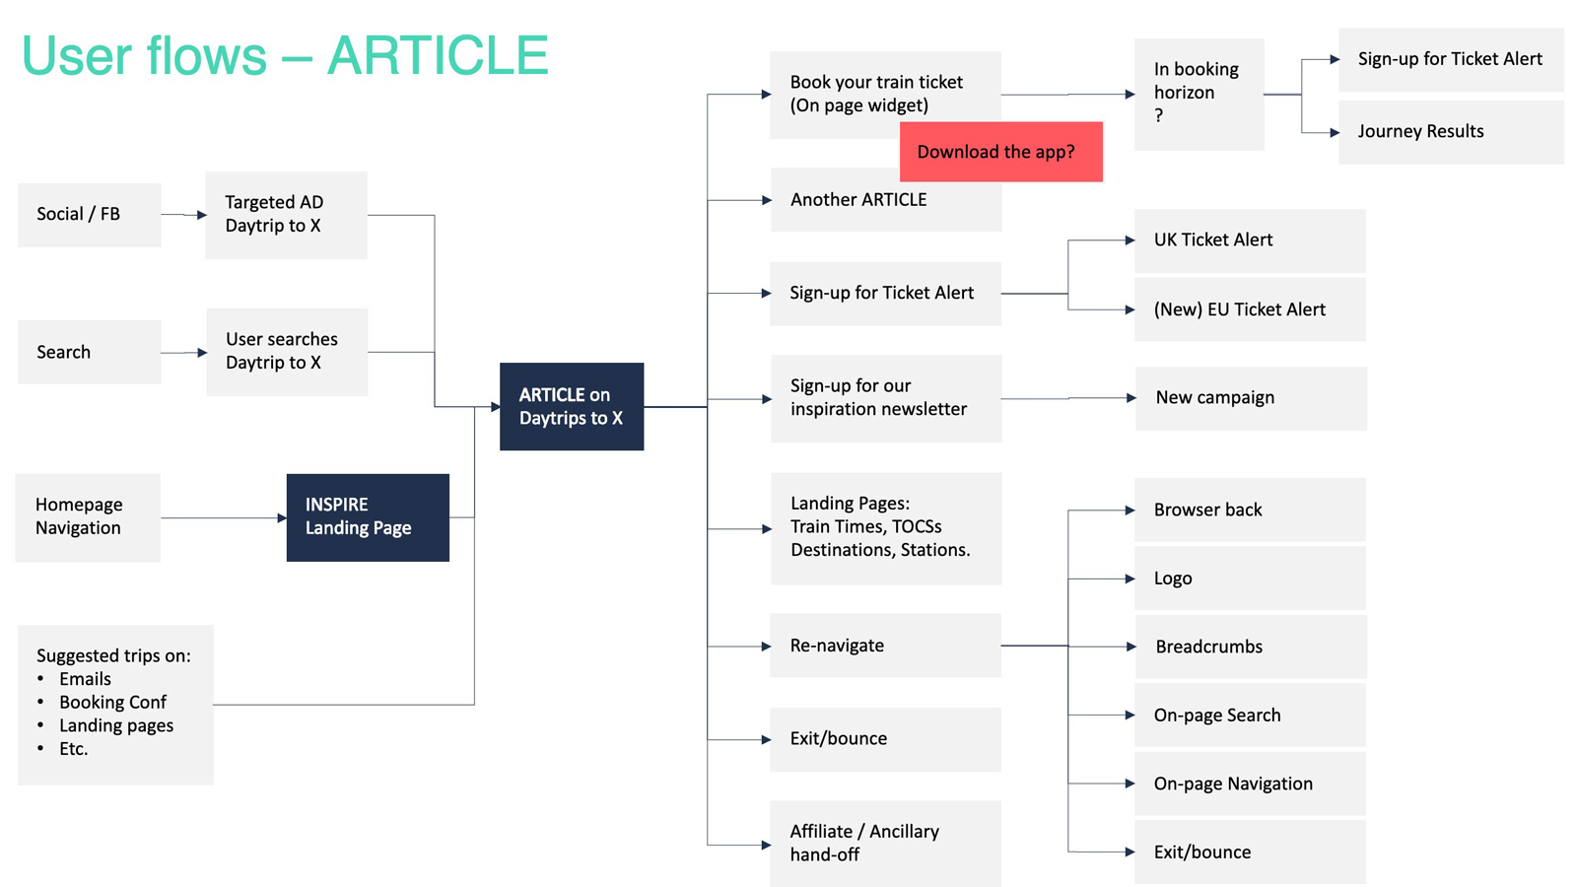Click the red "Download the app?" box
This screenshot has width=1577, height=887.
(x=1001, y=152)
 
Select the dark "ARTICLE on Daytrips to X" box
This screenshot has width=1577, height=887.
(x=572, y=406)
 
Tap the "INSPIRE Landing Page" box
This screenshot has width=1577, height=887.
(x=368, y=517)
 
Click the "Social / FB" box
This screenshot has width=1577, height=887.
(x=90, y=215)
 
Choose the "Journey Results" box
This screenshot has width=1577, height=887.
(x=1451, y=132)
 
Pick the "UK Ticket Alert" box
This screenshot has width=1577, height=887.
(x=1250, y=240)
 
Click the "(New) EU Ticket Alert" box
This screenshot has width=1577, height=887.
(x=1250, y=309)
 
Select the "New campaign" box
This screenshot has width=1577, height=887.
(x=1251, y=398)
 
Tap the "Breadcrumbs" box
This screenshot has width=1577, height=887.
(x=1251, y=647)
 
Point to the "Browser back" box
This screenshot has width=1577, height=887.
(x=1250, y=510)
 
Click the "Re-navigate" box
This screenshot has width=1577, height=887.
(x=886, y=646)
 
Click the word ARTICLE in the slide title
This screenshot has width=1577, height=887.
(x=438, y=55)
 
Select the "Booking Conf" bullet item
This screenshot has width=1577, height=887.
(x=112, y=702)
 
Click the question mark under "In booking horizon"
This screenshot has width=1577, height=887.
(x=1159, y=115)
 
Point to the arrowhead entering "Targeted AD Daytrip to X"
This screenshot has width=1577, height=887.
(x=202, y=215)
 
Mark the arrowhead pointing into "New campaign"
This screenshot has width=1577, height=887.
(x=1131, y=398)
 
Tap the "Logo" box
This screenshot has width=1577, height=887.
(x=1250, y=578)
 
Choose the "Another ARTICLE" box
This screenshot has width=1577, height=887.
(x=886, y=200)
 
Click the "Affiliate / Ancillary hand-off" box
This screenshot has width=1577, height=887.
(x=886, y=844)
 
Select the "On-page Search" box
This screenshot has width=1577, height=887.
(x=1250, y=716)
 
